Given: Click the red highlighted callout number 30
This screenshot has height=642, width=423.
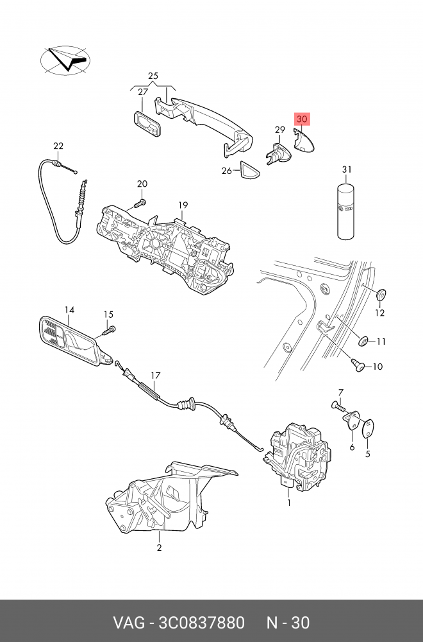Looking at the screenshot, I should click(x=302, y=119).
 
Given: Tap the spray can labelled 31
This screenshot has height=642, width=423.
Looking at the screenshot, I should click(x=347, y=213).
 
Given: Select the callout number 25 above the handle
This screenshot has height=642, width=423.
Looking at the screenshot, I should click(x=153, y=76).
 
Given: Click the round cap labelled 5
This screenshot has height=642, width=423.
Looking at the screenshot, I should click(x=369, y=428).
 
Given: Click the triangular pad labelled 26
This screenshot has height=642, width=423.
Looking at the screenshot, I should click(x=248, y=171).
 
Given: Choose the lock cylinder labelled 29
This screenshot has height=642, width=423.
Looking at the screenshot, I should click(x=276, y=154).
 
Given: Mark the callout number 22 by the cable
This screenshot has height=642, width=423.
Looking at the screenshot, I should click(x=58, y=146).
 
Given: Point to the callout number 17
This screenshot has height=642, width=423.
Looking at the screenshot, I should click(x=154, y=376).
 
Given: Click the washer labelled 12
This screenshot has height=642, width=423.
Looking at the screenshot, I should click(x=381, y=294).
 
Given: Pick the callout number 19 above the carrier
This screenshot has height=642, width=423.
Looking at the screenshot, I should click(x=183, y=205).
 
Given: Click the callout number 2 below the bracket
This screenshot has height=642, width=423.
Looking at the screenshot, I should click(x=159, y=548).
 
